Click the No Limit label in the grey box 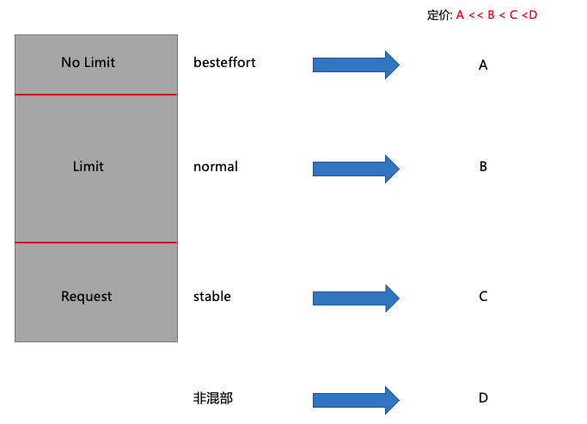click(88, 63)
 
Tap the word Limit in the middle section click(89, 167)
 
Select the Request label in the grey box click(87, 297)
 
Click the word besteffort click(224, 63)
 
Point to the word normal click(216, 167)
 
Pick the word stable click(212, 297)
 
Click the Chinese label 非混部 click(213, 398)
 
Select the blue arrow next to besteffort click(356, 65)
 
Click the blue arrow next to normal click(356, 169)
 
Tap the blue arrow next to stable click(356, 298)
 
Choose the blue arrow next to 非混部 click(356, 400)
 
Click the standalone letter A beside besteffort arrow click(483, 65)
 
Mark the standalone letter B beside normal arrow click(483, 167)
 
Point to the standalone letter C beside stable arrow click(483, 297)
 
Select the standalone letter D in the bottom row click(483, 398)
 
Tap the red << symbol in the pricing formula click(475, 15)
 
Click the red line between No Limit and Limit click(96, 95)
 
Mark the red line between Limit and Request click(96, 243)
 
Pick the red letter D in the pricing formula click(533, 15)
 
